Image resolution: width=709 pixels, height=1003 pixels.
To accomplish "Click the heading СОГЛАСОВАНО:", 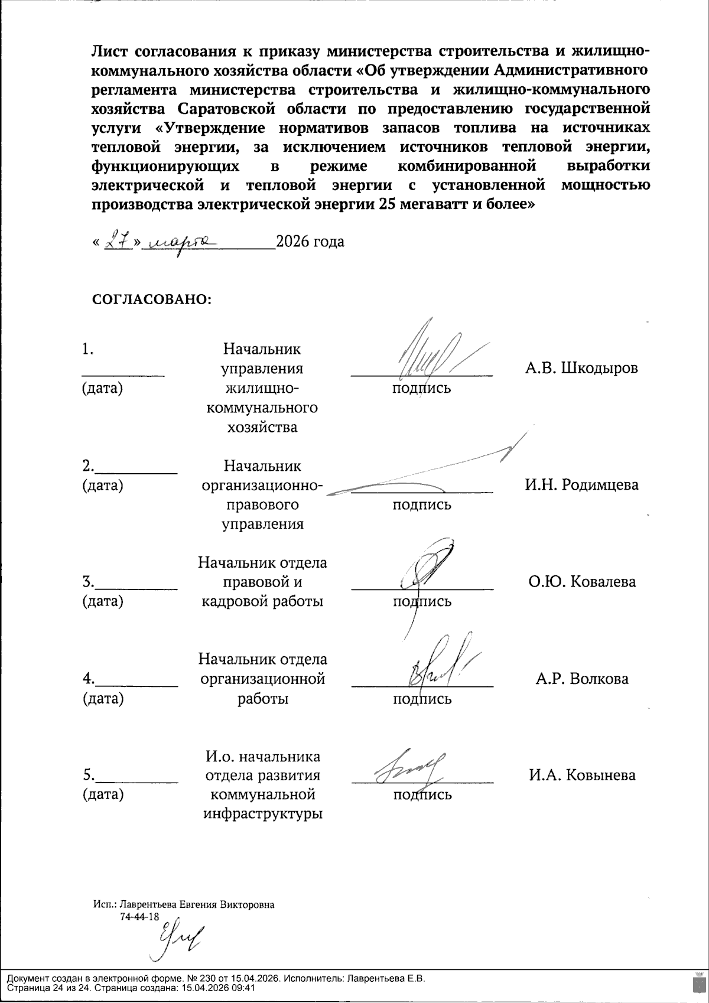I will coord(152,299).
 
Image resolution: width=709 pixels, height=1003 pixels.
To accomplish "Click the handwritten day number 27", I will coord(117,242).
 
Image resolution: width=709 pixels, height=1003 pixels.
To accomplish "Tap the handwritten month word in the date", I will coord(180,242).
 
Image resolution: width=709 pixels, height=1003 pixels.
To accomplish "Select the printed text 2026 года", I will coord(311,242).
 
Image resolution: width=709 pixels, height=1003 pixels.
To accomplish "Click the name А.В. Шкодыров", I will coord(581,368).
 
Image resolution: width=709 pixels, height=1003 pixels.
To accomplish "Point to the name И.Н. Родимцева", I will coord(581,485).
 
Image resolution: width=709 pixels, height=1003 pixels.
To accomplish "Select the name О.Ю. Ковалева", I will coord(582,582).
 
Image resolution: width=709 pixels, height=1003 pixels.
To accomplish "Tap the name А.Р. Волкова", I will coord(582,679).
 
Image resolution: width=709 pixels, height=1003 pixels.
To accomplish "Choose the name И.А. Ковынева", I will coord(582,775).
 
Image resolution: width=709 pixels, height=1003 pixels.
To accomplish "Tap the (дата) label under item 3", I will coord(103,601).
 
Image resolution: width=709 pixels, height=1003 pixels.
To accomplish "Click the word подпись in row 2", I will coord(422,504).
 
